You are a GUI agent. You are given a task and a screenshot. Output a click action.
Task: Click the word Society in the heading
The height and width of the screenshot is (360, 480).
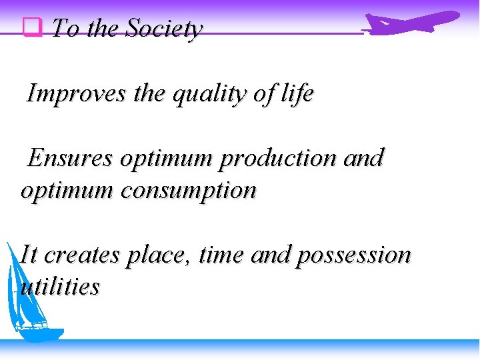[163, 29]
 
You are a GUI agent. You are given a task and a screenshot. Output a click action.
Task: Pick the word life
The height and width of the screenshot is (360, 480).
[297, 94]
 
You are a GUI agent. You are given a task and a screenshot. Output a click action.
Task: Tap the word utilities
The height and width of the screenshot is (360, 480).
[60, 287]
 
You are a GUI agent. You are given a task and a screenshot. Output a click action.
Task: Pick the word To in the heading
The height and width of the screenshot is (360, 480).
[64, 29]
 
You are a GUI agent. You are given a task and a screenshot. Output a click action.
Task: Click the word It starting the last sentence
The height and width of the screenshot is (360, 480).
[29, 255]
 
